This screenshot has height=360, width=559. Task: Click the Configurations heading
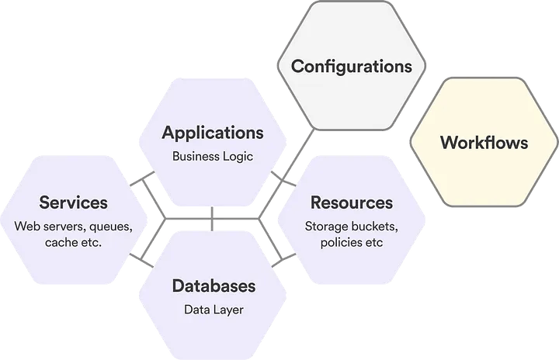(x=351, y=65)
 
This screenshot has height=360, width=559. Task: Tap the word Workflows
(x=484, y=143)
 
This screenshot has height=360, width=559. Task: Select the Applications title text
(x=213, y=132)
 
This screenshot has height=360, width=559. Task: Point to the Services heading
(x=74, y=202)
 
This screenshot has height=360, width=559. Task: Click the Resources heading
(x=352, y=202)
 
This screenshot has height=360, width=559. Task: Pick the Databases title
(x=214, y=286)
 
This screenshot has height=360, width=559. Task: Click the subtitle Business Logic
(x=213, y=156)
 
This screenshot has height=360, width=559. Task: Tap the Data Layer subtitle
(x=214, y=310)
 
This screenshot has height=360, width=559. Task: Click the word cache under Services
(x=61, y=243)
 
